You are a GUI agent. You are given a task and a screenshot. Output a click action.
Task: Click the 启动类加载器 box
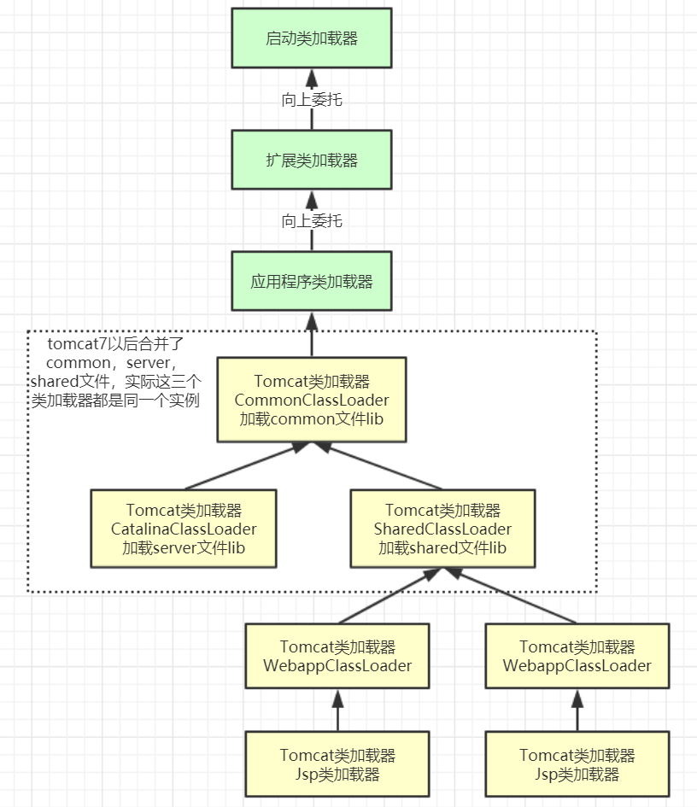pyautogui.click(x=312, y=38)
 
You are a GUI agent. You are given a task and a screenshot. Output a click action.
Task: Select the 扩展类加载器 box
pyautogui.click(x=312, y=160)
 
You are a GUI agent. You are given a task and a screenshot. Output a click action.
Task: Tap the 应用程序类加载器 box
pyautogui.click(x=312, y=281)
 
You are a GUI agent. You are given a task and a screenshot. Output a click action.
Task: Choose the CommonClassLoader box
pyautogui.click(x=312, y=400)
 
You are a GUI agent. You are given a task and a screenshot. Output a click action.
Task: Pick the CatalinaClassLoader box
pyautogui.click(x=184, y=529)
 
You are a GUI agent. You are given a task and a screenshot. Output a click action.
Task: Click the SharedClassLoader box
pyautogui.click(x=442, y=529)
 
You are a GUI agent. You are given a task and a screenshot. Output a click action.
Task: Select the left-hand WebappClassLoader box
pyautogui.click(x=337, y=656)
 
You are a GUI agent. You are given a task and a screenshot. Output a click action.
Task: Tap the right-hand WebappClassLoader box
pyautogui.click(x=577, y=656)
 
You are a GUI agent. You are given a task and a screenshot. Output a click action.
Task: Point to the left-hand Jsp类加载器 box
pyautogui.click(x=337, y=765)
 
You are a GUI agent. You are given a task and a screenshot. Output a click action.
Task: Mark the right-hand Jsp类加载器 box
pyautogui.click(x=577, y=765)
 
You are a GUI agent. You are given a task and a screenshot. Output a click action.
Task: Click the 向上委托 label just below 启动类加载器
pyautogui.click(x=312, y=100)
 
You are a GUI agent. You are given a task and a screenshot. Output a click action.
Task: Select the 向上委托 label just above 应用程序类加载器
pyautogui.click(x=312, y=221)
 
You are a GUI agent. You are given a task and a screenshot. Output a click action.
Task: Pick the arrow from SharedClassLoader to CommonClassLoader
pyautogui.click(x=376, y=466)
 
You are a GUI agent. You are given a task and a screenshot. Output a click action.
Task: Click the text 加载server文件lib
pyautogui.click(x=184, y=547)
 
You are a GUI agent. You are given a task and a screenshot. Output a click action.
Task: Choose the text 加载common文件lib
pyautogui.click(x=312, y=418)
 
